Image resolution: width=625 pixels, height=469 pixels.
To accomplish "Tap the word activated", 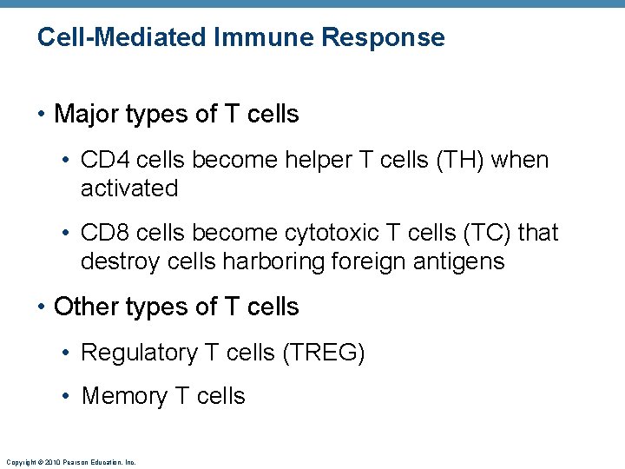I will point(129,188).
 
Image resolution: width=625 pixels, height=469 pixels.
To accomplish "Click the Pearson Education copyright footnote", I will point(70,462).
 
